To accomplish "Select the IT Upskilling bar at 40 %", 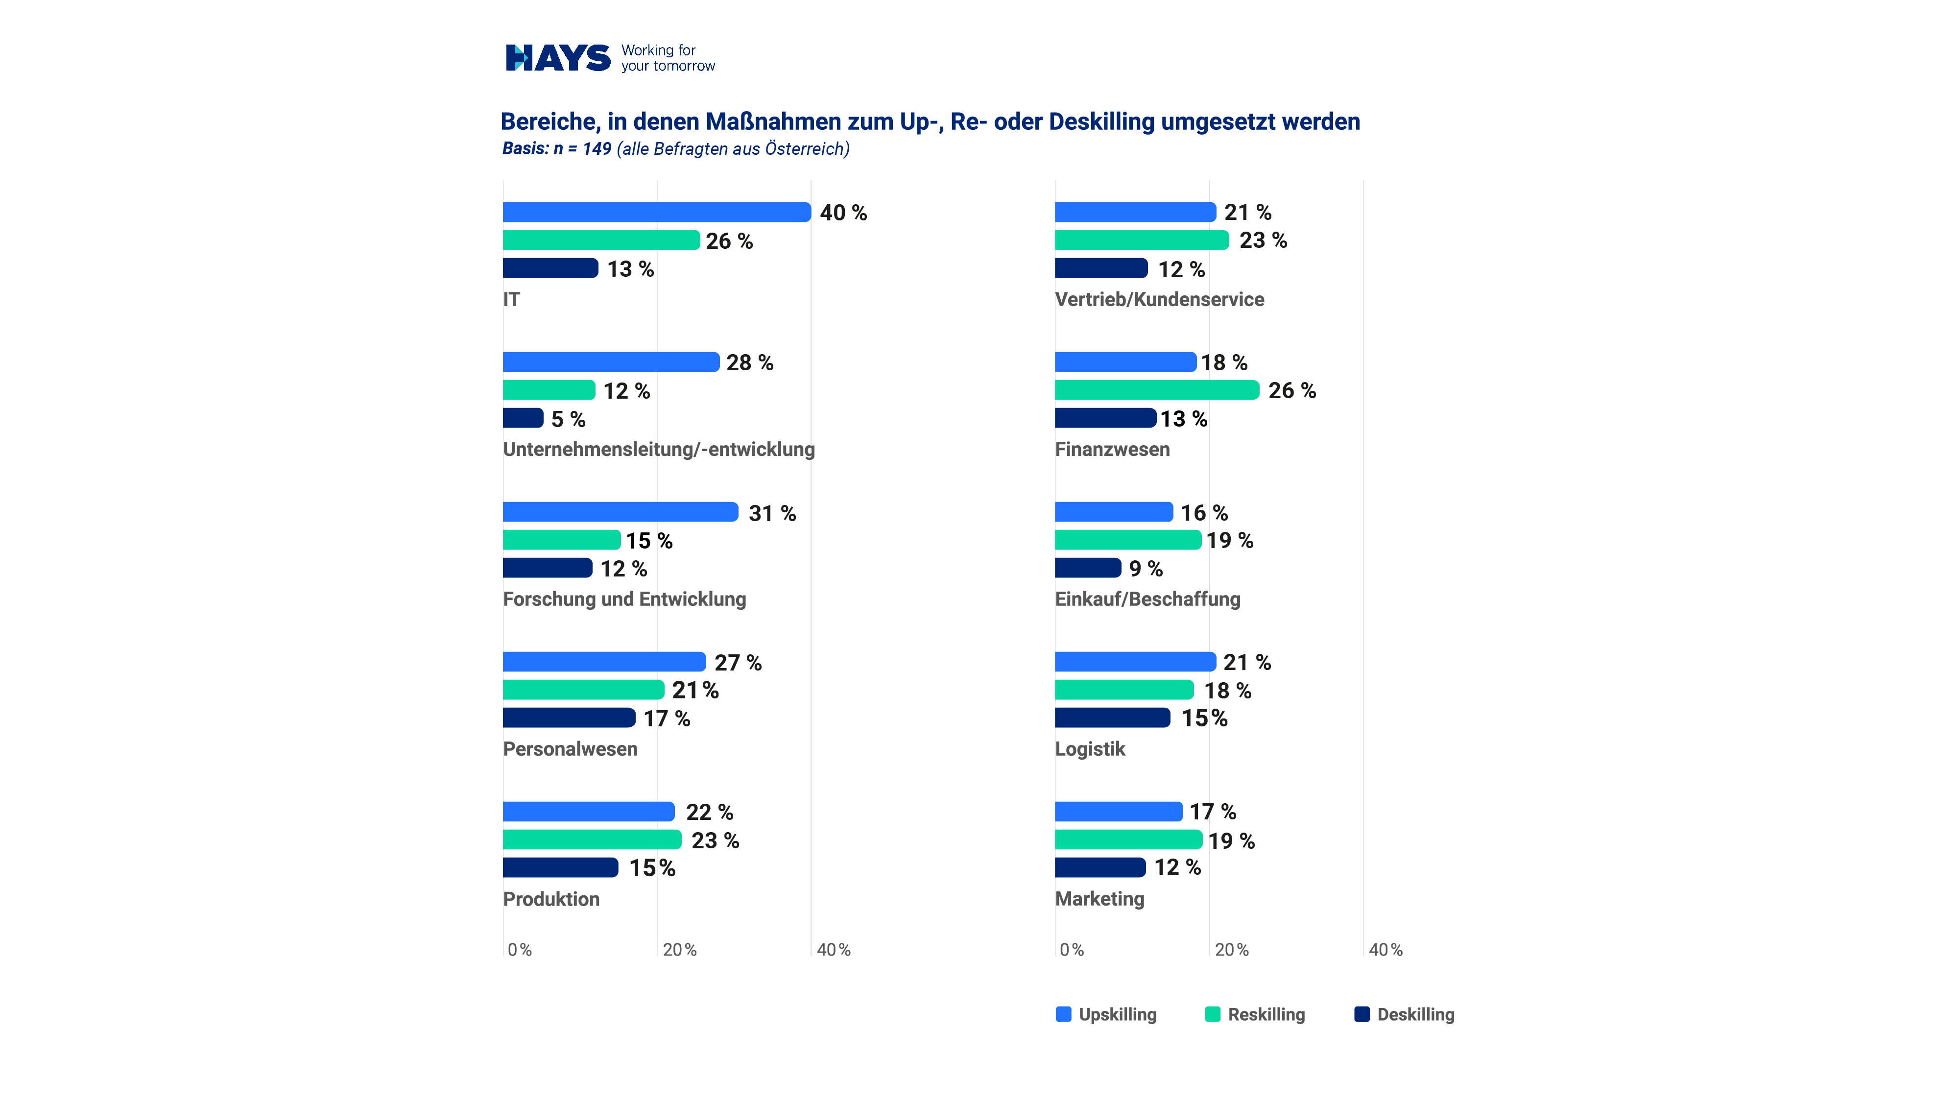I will pos(656,212).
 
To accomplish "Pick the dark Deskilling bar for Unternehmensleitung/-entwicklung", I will pos(523,418).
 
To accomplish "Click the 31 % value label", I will pos(772,513).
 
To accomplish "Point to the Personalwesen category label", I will pos(570,749).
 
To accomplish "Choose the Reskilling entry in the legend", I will pos(1266,1014).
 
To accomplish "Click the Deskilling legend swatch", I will pos(1362,1014).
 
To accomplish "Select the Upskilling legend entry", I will pos(1117,1014).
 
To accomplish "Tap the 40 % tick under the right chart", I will pos(1385,950).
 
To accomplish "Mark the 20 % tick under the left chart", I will pos(679,950).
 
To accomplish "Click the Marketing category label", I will pos(1099,899).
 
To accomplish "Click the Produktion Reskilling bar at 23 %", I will pos(592,839).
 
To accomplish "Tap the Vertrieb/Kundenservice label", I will pos(1159,300).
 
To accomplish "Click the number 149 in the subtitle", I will pos(597,149).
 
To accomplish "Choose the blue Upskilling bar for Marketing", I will pos(1118,812).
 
